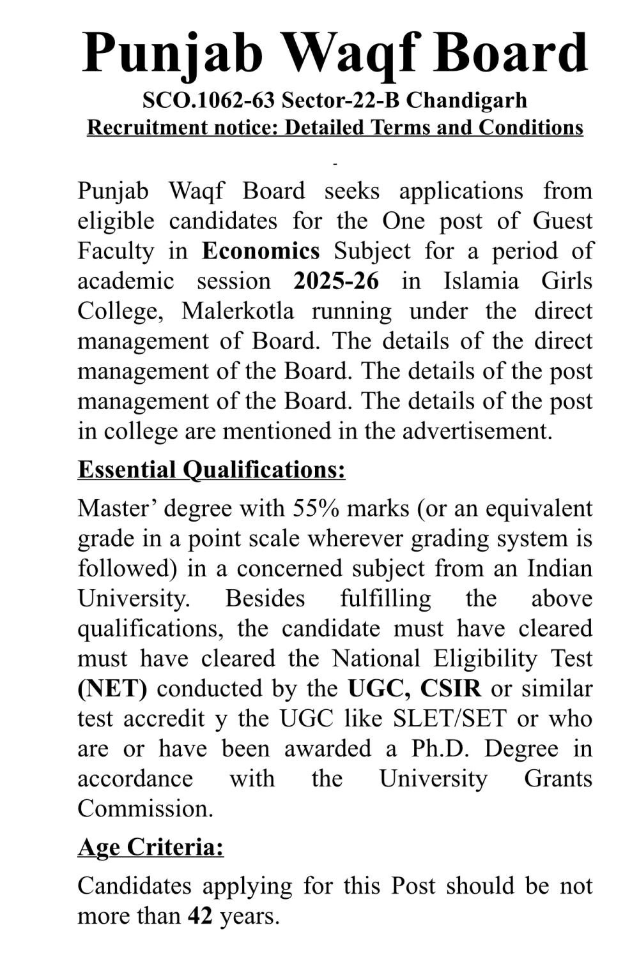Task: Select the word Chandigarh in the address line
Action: (x=466, y=100)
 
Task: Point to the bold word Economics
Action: (x=261, y=251)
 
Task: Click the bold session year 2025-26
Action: (x=336, y=281)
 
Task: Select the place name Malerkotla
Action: (x=238, y=311)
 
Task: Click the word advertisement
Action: (x=477, y=431)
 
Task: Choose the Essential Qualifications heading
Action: (x=212, y=470)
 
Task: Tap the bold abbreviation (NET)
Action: (x=112, y=688)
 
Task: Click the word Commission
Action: (x=145, y=808)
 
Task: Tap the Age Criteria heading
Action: (x=151, y=847)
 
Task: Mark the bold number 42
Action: (x=200, y=916)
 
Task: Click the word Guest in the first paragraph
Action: (x=562, y=221)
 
